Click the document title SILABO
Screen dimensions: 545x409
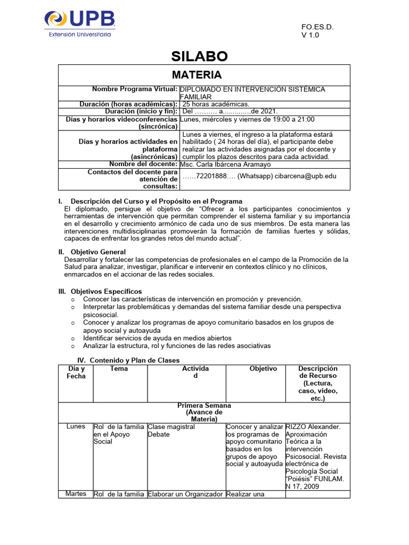[x=199, y=56]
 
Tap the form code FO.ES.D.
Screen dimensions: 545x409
[x=318, y=27]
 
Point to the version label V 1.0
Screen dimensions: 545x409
[x=311, y=36]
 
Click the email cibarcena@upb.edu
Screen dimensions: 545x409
[x=306, y=176]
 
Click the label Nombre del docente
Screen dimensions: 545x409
[x=143, y=164]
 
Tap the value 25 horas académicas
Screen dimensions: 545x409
[x=216, y=104]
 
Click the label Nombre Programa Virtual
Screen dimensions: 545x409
[x=135, y=89]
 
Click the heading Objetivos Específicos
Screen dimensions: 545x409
[x=106, y=291]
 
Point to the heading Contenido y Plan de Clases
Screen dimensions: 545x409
[x=135, y=360]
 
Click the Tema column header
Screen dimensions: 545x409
[x=119, y=368]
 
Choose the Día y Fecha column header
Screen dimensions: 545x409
[x=76, y=372]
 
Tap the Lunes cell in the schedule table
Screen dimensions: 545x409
[x=76, y=427]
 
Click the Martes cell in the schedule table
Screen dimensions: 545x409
[x=76, y=494]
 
